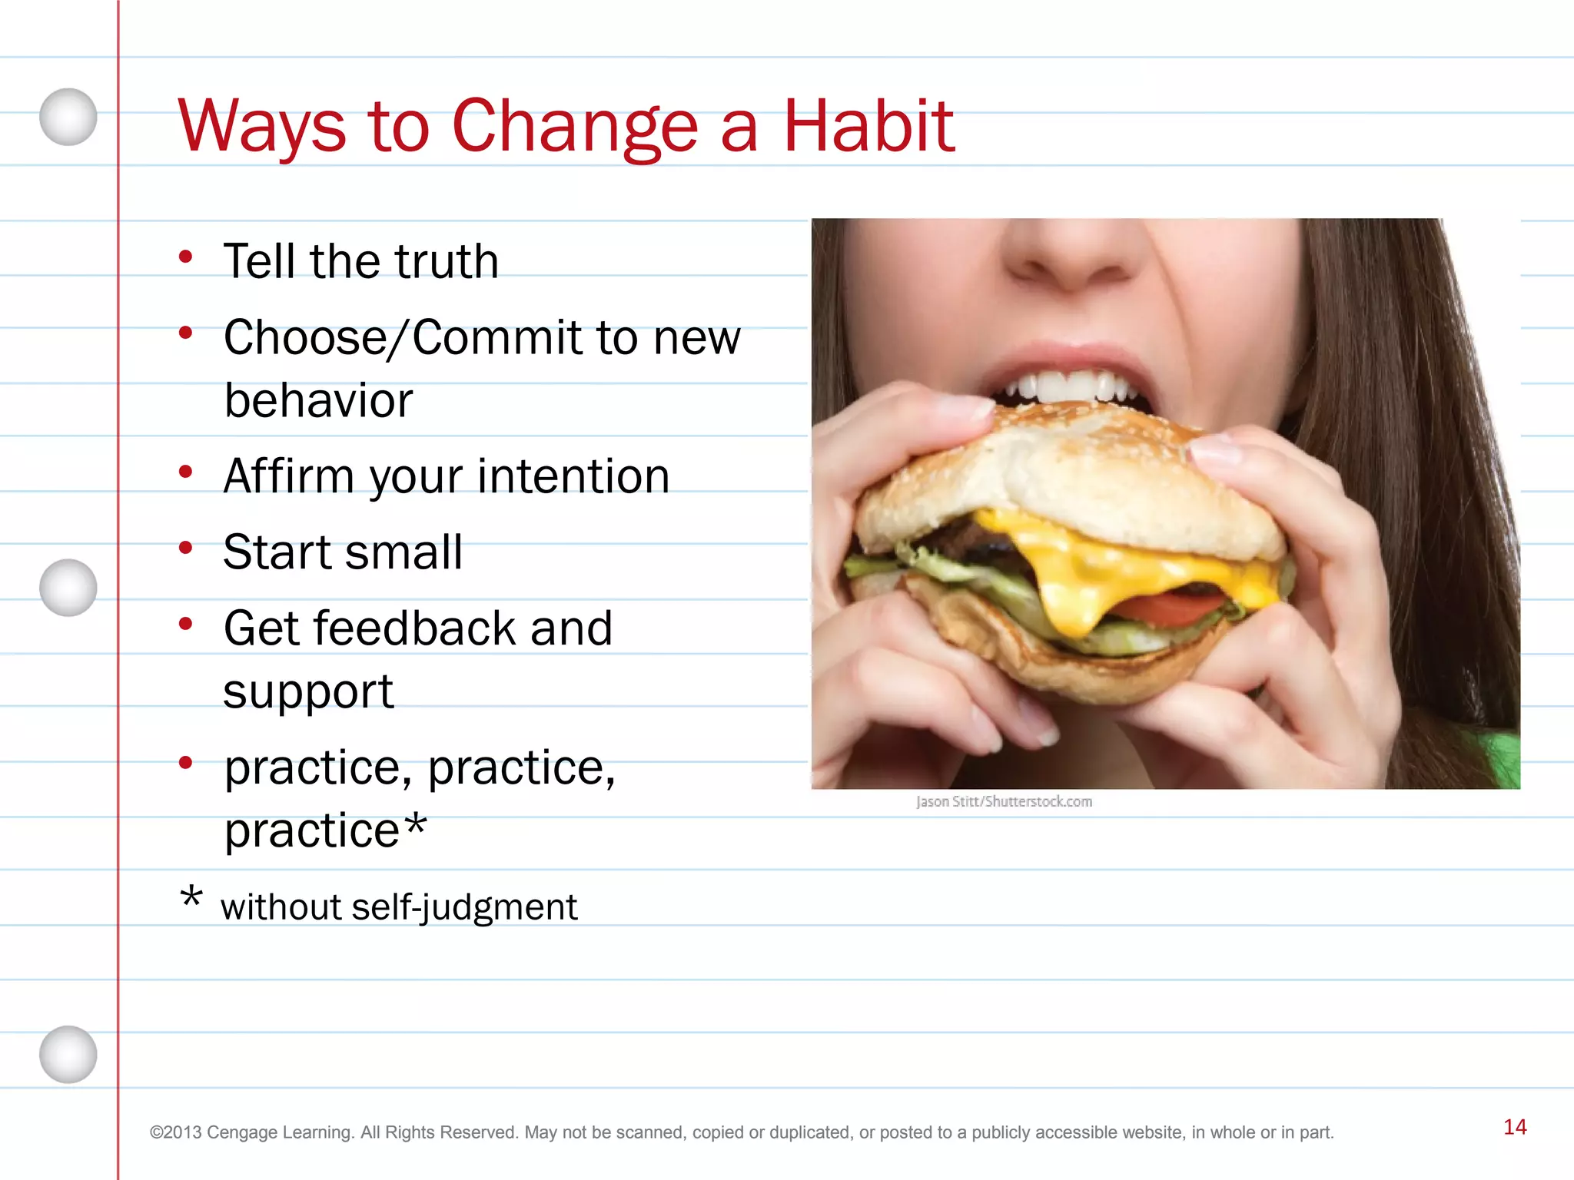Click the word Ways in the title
[262, 127]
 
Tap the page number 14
[1515, 1127]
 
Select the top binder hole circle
[68, 117]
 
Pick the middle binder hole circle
[68, 588]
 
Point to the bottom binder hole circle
[68, 1054]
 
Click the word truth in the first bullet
[447, 261]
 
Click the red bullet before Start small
[185, 549]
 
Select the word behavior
[318, 401]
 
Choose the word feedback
[418, 628]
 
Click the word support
[308, 691]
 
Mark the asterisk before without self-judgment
[191, 897]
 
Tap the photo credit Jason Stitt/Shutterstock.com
[1004, 802]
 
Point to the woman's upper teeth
[1068, 385]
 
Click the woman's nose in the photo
[1076, 254]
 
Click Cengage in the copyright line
[242, 1132]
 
